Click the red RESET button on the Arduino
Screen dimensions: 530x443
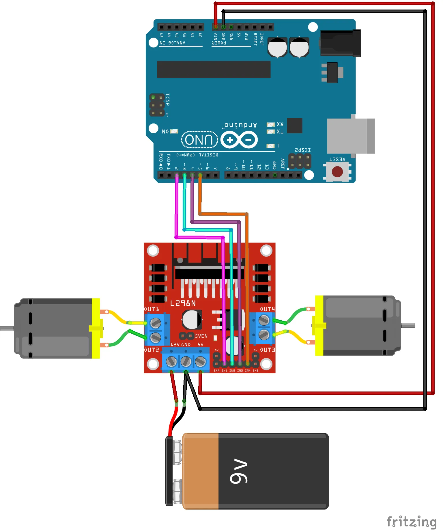click(x=337, y=172)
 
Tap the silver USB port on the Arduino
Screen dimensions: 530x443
click(x=351, y=136)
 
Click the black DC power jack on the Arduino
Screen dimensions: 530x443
click(x=340, y=43)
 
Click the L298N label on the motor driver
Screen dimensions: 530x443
click(x=183, y=303)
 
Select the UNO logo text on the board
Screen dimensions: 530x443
click(x=199, y=140)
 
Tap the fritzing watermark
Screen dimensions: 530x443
click(x=411, y=522)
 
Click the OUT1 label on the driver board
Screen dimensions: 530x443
click(x=152, y=309)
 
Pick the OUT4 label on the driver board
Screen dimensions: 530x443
click(x=267, y=309)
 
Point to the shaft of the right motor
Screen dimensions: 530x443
click(x=408, y=325)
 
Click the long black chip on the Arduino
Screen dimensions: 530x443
click(x=214, y=69)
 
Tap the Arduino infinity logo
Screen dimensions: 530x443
click(x=239, y=140)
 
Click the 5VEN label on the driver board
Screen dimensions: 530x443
click(x=201, y=336)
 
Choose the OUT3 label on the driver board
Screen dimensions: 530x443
click(x=268, y=350)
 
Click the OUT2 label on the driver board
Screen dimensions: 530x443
click(x=152, y=350)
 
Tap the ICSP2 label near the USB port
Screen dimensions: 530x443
click(x=303, y=150)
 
